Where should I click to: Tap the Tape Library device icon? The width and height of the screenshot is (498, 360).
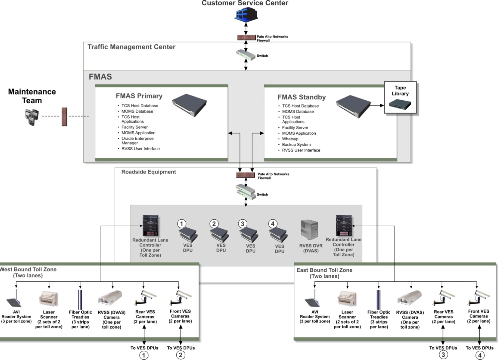tap(400, 105)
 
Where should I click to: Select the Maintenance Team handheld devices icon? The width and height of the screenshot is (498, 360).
tap(32, 117)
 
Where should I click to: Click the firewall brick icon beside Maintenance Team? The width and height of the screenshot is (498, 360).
tap(64, 116)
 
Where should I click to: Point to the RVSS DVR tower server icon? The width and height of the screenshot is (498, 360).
tap(309, 230)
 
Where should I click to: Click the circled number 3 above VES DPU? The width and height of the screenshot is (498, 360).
tap(242, 224)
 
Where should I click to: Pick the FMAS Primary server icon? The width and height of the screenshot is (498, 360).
tap(189, 105)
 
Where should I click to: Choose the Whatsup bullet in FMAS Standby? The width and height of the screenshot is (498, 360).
tap(290, 139)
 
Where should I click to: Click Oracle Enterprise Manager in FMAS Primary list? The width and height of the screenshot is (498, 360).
tap(137, 141)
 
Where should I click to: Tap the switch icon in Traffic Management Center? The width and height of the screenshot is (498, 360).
tap(246, 55)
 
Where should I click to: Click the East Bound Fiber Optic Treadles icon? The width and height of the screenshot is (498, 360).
tap(378, 300)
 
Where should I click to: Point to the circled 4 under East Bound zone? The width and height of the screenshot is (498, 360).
tap(479, 355)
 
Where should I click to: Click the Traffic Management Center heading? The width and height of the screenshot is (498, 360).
tap(131, 47)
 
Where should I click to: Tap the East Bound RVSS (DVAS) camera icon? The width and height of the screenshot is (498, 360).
tap(410, 298)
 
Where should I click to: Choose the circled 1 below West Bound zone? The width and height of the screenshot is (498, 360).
tap(143, 355)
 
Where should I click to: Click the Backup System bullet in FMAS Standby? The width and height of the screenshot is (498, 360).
tap(296, 145)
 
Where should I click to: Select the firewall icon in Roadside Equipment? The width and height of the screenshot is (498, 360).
tap(246, 175)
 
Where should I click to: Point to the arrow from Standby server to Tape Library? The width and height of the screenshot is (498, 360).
tap(377, 106)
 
